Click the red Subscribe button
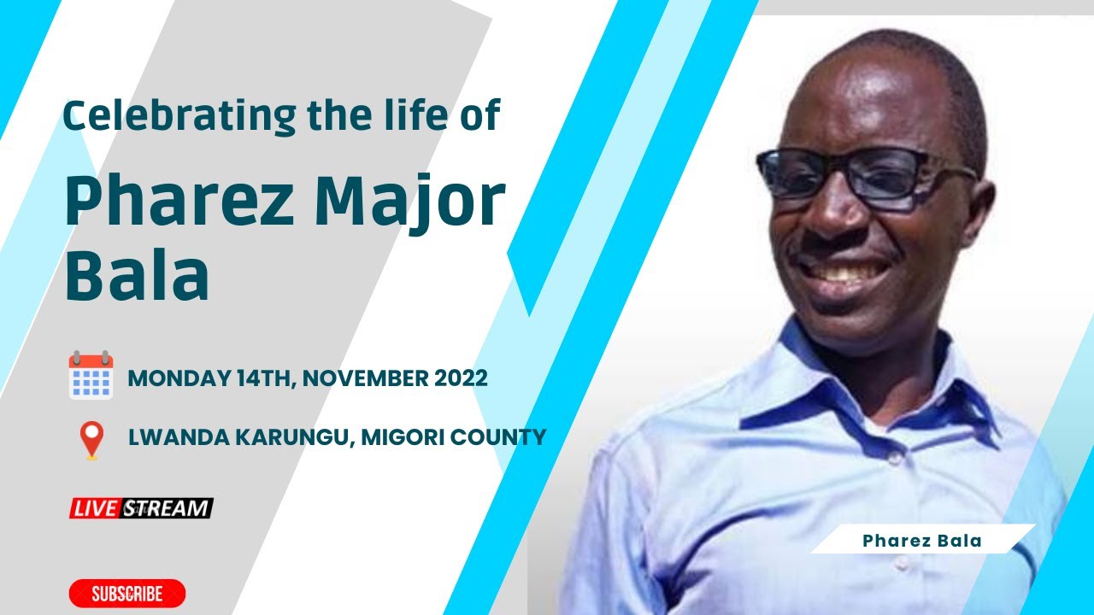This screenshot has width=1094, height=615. point(127,594)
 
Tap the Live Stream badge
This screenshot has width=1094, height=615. point(141,508)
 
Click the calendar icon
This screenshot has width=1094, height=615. point(91,375)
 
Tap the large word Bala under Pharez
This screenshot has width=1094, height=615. point(137,276)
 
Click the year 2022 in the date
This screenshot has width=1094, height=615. point(460,378)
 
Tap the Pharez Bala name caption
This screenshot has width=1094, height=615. point(921,541)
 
